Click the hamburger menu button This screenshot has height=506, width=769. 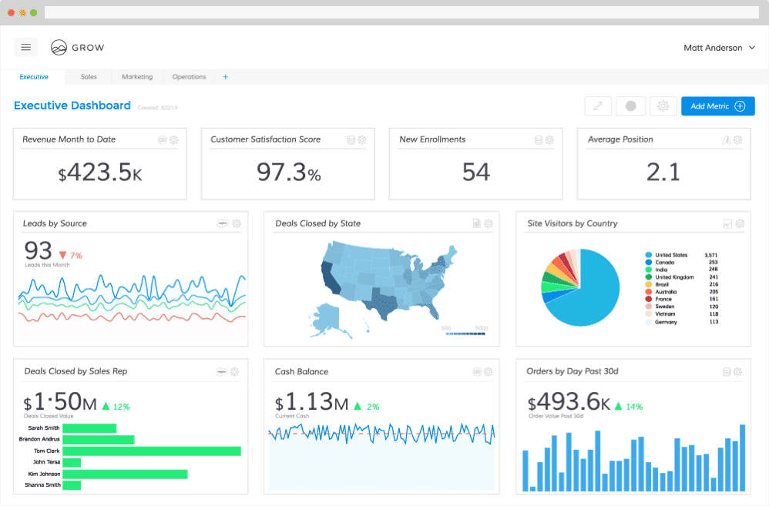point(25,47)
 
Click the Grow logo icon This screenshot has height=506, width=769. point(59,48)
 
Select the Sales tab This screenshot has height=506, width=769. point(89,77)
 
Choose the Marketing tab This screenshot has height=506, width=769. point(137,77)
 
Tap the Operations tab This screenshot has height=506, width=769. point(189,77)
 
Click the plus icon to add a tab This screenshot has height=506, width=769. point(226,77)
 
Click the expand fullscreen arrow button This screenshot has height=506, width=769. point(598,106)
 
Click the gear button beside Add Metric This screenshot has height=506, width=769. point(663,106)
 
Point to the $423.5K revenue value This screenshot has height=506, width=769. point(100,173)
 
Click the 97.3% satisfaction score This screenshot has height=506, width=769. point(288,173)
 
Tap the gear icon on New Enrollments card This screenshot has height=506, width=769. point(549,140)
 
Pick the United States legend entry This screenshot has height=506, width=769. point(670,255)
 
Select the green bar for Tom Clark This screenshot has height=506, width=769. point(151,451)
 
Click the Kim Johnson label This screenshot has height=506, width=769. point(44,474)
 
